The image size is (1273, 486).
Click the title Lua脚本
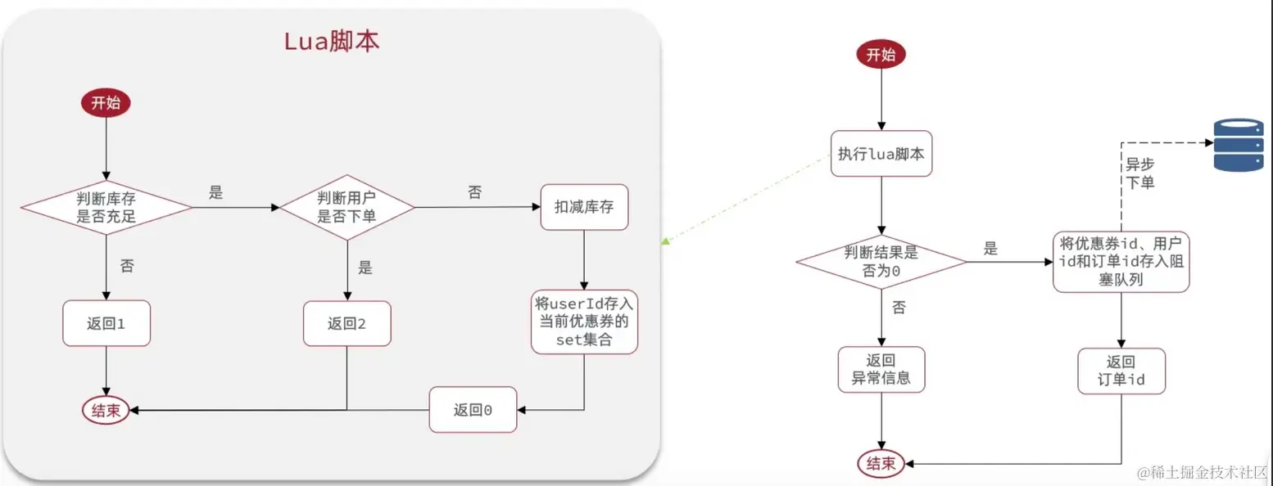point(332,42)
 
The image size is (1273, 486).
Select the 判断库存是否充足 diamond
point(106,208)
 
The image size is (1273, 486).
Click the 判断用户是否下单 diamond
point(347,208)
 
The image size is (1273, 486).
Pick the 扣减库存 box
point(583,208)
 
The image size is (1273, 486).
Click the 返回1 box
point(106,323)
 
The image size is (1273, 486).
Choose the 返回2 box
point(347,323)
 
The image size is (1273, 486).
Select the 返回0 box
point(473,409)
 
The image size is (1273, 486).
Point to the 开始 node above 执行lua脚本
point(881,55)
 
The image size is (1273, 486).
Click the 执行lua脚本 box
point(881,153)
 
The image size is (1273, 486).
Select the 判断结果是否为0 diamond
point(881,263)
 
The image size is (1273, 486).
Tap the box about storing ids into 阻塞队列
point(1121,262)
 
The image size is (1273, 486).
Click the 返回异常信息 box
point(881,370)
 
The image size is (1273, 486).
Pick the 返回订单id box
point(1121,371)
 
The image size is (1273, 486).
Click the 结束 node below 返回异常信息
point(881,464)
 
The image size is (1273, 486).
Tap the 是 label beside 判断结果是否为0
point(990,249)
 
